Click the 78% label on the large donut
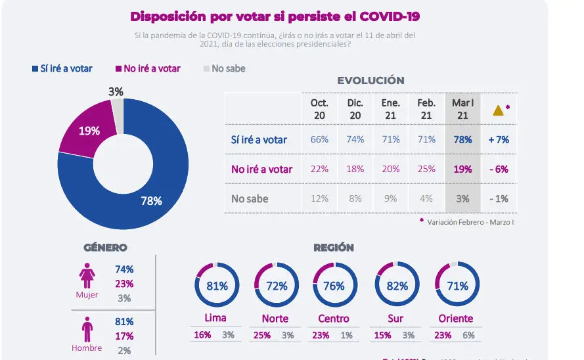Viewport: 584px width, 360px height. (x=151, y=201)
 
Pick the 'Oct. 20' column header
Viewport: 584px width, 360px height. (x=319, y=109)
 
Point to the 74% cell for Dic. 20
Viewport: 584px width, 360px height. (x=355, y=139)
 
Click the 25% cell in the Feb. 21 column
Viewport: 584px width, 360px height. (x=426, y=169)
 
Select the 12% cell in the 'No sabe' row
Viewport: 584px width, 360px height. (x=319, y=199)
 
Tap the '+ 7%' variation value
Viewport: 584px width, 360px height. (x=499, y=139)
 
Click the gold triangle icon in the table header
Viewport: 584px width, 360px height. (x=498, y=110)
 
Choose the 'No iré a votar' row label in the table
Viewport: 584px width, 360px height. (x=261, y=169)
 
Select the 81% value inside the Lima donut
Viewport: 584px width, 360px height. (x=217, y=286)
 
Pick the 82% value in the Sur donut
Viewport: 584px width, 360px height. (x=397, y=286)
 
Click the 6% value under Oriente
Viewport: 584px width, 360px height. (x=470, y=334)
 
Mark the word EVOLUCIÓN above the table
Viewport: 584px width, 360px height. (x=371, y=81)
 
